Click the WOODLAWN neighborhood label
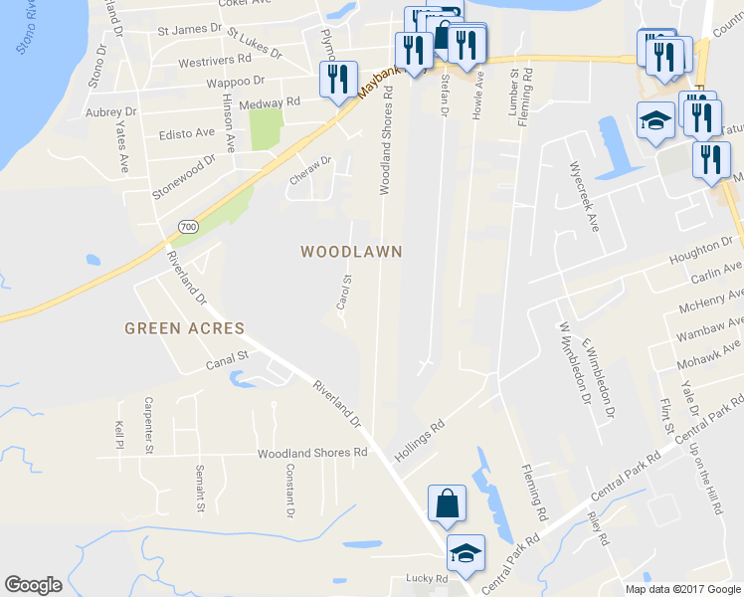[x=351, y=252]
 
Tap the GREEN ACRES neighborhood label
[x=184, y=327]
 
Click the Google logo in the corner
[x=33, y=585]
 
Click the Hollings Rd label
[x=419, y=437]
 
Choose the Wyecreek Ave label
[x=582, y=196]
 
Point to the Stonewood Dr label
[x=183, y=175]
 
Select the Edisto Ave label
[x=187, y=132]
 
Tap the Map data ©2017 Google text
[x=682, y=589]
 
